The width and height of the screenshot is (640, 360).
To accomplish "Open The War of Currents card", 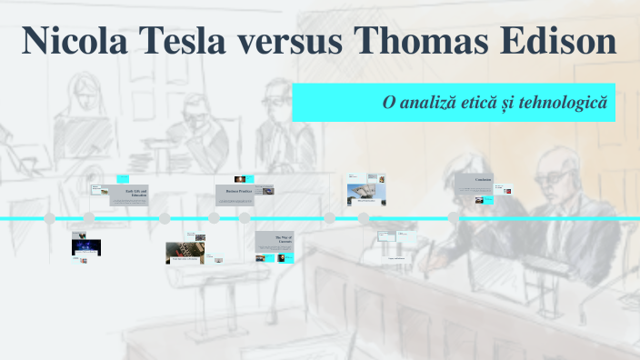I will click(274, 241).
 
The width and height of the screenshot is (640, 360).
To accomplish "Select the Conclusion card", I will click(475, 182).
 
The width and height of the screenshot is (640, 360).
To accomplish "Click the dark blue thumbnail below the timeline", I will click(86, 246).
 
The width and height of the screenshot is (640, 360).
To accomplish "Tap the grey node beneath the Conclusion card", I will click(454, 219).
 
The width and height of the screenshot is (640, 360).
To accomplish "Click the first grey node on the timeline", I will click(50, 219).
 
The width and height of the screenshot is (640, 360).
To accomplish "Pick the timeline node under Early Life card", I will click(89, 219).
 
